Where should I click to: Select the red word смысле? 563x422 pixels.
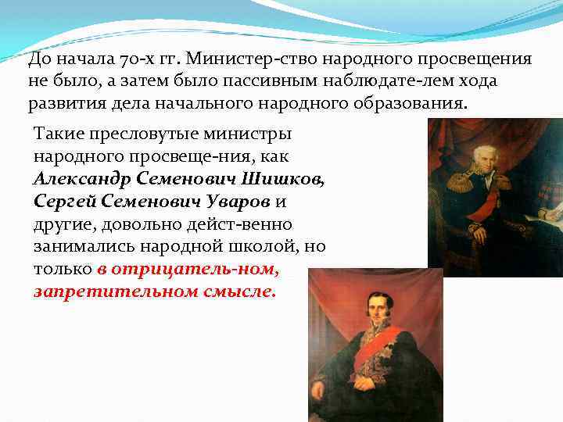pos(242,291)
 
